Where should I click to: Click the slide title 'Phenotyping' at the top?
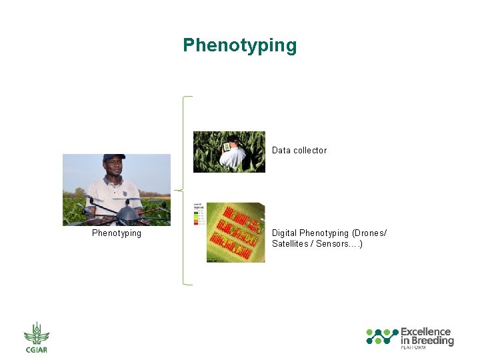point(239,45)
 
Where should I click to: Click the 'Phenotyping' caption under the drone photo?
point(117,233)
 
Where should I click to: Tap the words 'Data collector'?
point(299,151)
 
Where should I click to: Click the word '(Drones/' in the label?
point(369,233)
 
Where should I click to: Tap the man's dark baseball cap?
point(114,159)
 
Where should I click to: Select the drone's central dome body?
point(126,213)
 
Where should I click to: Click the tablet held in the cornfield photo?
point(227,145)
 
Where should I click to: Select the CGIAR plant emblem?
point(37,333)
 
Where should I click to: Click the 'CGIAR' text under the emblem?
point(37,349)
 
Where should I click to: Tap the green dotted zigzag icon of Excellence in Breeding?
point(382,336)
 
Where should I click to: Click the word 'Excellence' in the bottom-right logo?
point(425,331)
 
